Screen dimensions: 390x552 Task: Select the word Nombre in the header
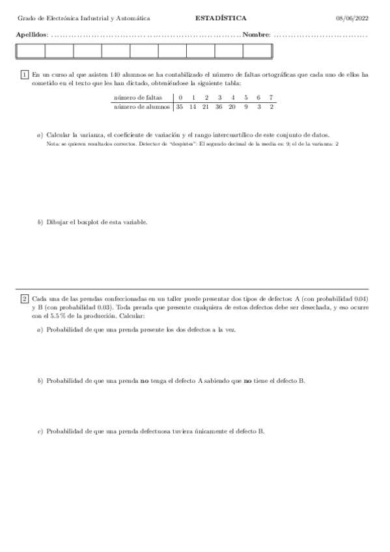(x=256, y=34)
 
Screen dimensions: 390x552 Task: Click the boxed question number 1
(x=25, y=76)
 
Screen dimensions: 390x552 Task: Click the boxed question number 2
(x=25, y=299)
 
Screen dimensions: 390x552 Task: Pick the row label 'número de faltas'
(x=138, y=98)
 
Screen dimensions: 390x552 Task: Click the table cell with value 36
(x=219, y=106)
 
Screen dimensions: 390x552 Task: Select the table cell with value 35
(x=180, y=106)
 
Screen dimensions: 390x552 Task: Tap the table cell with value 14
(x=193, y=106)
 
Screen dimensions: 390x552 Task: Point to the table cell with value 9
(x=245, y=106)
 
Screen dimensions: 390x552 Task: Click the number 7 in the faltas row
(x=271, y=98)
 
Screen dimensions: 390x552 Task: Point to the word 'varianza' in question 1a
(x=91, y=134)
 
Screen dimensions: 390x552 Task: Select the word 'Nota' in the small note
(x=53, y=143)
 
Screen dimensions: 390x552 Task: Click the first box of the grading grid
(x=31, y=51)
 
